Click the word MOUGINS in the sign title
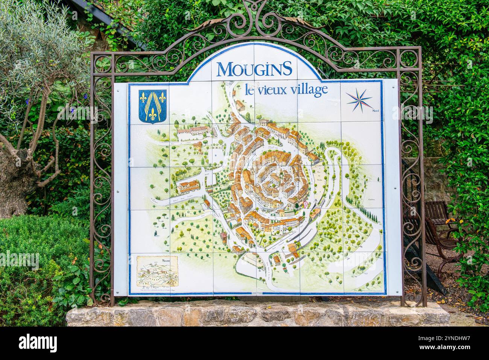pos(254,69)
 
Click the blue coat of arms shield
pos(153,107)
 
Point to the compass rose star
pos(359,100)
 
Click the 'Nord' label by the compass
pos(375,111)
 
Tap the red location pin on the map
pos(305,204)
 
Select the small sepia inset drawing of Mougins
pos(156,272)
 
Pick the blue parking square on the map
pos(214,154)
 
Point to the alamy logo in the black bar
pos(38,343)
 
